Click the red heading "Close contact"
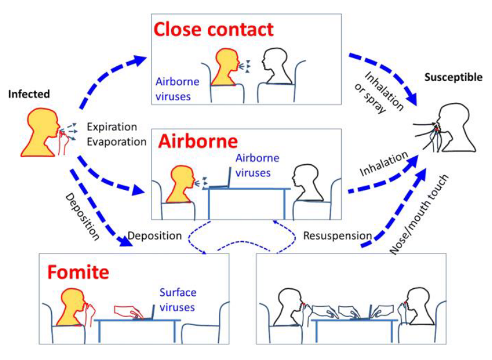pyautogui.click(x=213, y=29)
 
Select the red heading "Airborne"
pyautogui.click(x=199, y=142)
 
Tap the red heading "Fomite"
pyautogui.click(x=78, y=272)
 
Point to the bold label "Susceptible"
pyautogui.click(x=453, y=77)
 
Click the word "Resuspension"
pyautogui.click(x=337, y=236)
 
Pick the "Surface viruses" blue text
pyautogui.click(x=178, y=298)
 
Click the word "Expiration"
pyautogui.click(x=112, y=127)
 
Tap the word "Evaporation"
pyautogui.click(x=116, y=141)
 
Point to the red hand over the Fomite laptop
pyautogui.click(x=130, y=310)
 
